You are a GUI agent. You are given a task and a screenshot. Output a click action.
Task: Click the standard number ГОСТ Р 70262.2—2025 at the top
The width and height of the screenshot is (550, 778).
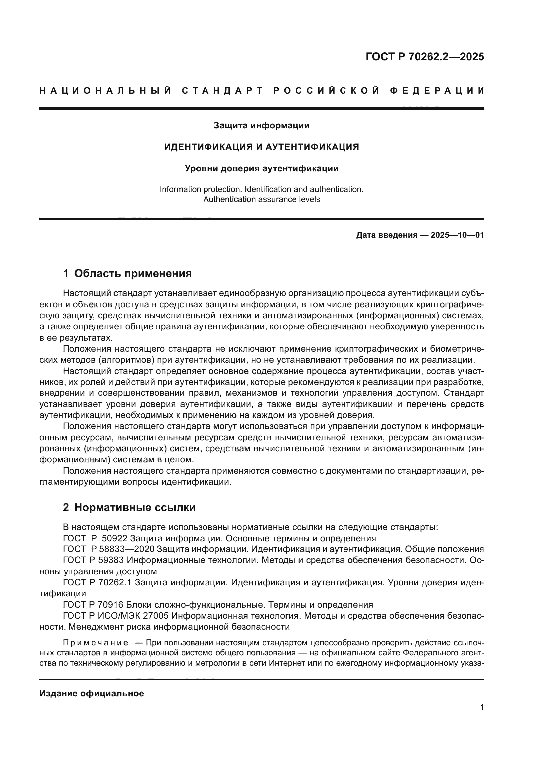pyautogui.click(x=425, y=57)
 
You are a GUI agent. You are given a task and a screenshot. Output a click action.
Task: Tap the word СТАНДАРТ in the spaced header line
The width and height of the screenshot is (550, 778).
pyautogui.click(x=222, y=91)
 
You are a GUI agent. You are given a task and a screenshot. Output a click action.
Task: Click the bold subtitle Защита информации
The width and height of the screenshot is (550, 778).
pyautogui.click(x=261, y=126)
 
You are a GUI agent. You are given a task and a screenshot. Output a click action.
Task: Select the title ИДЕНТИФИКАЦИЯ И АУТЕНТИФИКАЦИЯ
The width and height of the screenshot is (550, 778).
pyautogui.click(x=261, y=147)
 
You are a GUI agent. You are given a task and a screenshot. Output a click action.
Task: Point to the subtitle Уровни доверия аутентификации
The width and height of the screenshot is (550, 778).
pyautogui.click(x=261, y=168)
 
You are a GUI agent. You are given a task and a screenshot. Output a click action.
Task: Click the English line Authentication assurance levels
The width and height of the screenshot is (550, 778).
pyautogui.click(x=261, y=199)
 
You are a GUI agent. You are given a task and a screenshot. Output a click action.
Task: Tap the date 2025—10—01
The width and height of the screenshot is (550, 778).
pyautogui.click(x=457, y=235)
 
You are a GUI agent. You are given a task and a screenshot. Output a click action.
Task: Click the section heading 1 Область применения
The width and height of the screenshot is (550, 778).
pyautogui.click(x=127, y=273)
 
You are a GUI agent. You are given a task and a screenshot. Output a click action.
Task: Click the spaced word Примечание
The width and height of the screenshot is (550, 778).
pyautogui.click(x=95, y=643)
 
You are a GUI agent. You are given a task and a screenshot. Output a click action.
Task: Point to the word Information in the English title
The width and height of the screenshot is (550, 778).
pyautogui.click(x=179, y=189)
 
